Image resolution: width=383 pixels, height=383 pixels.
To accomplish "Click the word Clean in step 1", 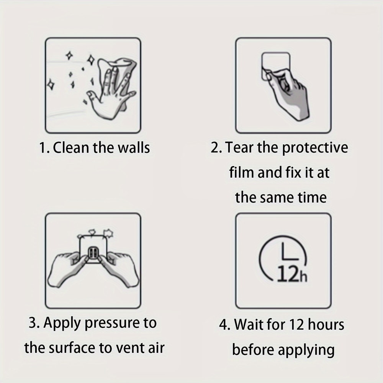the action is (71, 148).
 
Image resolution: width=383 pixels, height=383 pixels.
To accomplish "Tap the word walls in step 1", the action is (134, 148).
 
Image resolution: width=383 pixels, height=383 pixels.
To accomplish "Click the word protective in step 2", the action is (315, 148).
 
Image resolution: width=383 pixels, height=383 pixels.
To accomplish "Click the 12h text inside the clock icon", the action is (292, 274).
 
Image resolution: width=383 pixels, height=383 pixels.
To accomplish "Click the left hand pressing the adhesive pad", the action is (67, 269).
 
